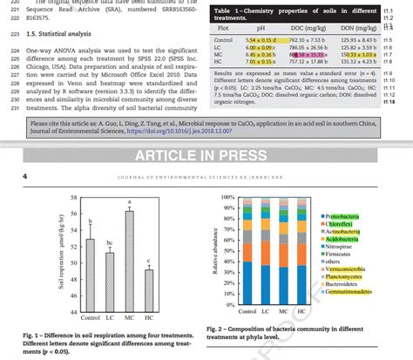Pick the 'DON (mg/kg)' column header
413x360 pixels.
tap(355, 27)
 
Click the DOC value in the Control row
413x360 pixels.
tap(308, 39)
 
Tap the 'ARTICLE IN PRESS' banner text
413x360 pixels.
tap(206, 156)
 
